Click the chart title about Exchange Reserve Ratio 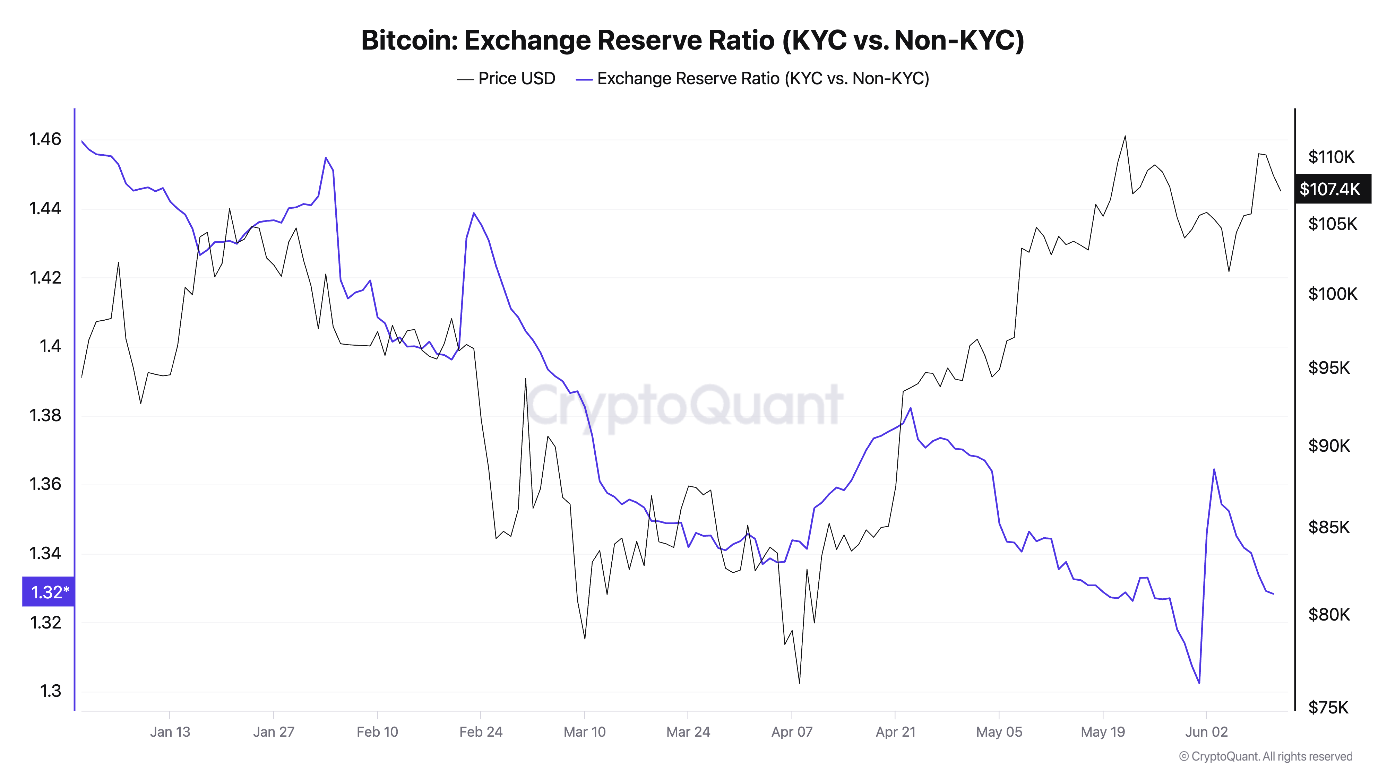[692, 40]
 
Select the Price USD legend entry [506, 79]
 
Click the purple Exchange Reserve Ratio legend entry [753, 79]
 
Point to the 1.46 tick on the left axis [45, 139]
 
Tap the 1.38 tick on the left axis [45, 415]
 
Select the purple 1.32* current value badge [49, 592]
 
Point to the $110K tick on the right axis [1331, 157]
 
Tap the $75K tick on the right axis [1329, 707]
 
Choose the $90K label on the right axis [1329, 446]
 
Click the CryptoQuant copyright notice [1265, 756]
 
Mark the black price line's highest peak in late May [1125, 136]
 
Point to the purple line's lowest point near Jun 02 [1199, 683]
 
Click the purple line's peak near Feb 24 [474, 213]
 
